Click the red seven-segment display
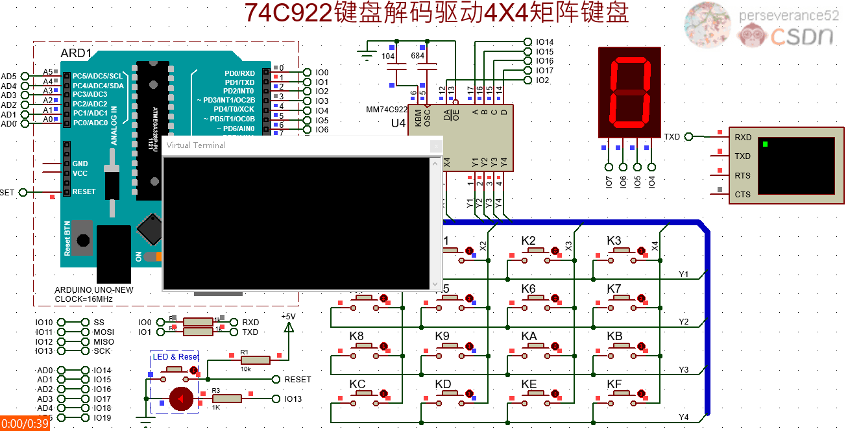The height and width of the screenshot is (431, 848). click(x=629, y=92)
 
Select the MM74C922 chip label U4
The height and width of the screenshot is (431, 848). click(x=398, y=123)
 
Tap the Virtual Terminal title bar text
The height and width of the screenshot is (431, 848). click(x=196, y=145)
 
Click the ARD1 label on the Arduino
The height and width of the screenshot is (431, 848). click(x=76, y=53)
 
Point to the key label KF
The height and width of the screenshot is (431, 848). click(x=614, y=384)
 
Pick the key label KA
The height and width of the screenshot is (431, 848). click(x=529, y=336)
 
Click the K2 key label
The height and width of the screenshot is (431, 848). click(x=529, y=241)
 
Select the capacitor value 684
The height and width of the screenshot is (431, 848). click(x=418, y=56)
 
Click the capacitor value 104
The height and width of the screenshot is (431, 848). click(x=388, y=56)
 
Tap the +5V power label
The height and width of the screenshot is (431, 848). click(x=288, y=316)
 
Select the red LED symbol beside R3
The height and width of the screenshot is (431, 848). click(x=181, y=399)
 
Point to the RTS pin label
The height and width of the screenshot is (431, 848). click(x=742, y=175)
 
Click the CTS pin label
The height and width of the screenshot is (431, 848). click(x=742, y=194)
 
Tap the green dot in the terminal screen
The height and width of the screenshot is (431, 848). click(x=766, y=143)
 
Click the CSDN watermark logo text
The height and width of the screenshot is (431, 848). click(x=801, y=36)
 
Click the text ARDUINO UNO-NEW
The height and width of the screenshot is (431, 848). click(x=94, y=290)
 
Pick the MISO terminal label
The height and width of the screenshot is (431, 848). click(x=104, y=341)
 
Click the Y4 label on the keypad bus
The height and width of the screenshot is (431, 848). click(x=683, y=417)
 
